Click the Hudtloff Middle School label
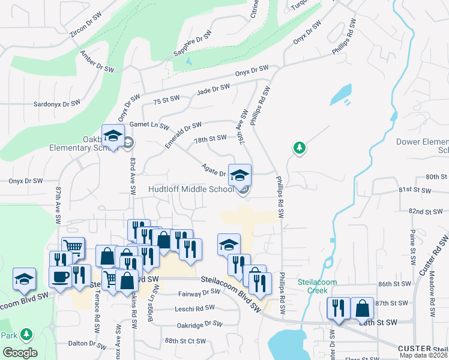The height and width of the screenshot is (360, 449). (x=191, y=190)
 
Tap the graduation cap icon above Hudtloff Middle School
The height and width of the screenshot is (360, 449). (x=240, y=175)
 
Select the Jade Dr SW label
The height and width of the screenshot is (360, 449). (x=213, y=90)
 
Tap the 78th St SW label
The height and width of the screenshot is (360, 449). (x=210, y=139)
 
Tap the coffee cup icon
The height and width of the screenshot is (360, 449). (x=60, y=278)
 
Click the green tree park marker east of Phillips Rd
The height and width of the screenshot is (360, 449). (x=299, y=147)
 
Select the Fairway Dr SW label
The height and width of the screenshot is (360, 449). (x=200, y=293)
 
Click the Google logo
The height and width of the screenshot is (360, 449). (x=20, y=353)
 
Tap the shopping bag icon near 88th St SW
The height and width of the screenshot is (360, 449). (x=362, y=308)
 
